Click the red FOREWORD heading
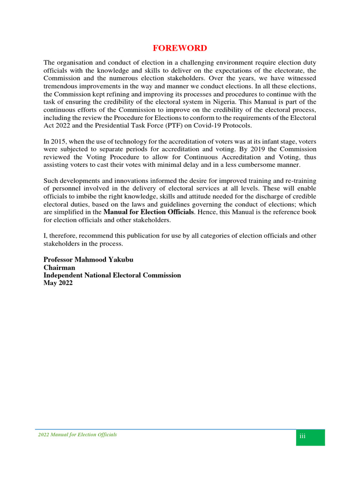click(x=180, y=48)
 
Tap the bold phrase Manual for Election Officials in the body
click(x=149, y=212)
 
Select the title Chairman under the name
click(x=59, y=268)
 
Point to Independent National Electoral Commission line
click(x=112, y=275)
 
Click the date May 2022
click(x=58, y=283)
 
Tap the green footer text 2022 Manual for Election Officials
click(x=77, y=435)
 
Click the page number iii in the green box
click(x=302, y=437)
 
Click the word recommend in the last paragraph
click(x=105, y=235)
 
